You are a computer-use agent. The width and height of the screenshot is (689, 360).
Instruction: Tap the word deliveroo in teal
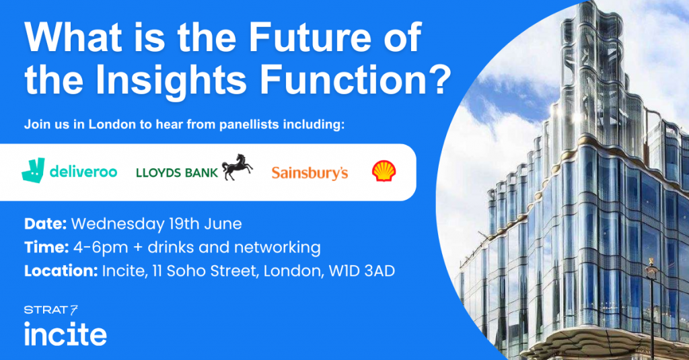pyautogui.click(x=83, y=171)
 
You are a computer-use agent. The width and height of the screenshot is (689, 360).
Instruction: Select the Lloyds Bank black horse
pyautogui.click(x=238, y=167)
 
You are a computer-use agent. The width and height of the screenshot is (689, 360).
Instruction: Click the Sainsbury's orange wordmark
pyautogui.click(x=310, y=173)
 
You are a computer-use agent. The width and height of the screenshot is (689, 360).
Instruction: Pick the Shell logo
pyautogui.click(x=384, y=171)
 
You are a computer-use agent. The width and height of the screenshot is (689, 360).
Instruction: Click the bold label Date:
pyautogui.click(x=45, y=223)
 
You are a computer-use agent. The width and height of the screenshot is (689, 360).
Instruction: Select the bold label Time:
pyautogui.click(x=46, y=248)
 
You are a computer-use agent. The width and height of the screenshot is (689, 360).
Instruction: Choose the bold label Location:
pyautogui.click(x=61, y=271)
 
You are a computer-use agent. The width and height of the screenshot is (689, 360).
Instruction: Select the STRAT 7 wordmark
pyautogui.click(x=51, y=310)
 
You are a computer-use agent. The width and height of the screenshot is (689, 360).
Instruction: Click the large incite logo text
pyautogui.click(x=65, y=334)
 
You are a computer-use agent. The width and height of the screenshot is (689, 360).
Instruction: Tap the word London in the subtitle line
pyautogui.click(x=112, y=124)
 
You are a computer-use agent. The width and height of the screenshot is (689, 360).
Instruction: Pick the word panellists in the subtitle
pyautogui.click(x=249, y=125)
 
